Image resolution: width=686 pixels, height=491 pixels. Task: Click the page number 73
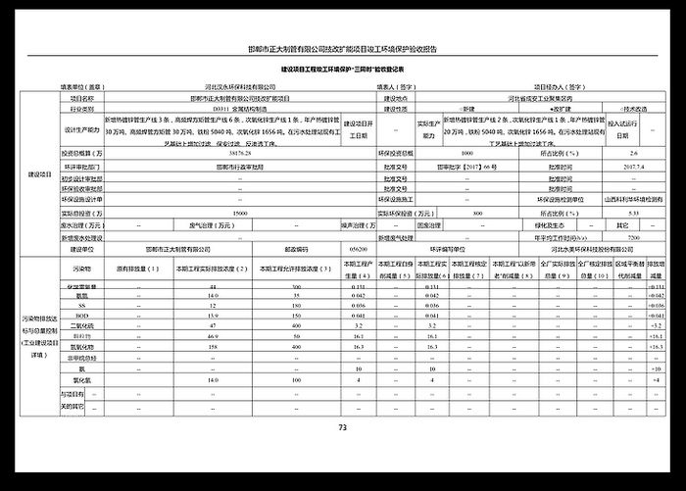[342, 427]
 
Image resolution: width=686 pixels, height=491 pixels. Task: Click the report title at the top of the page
[342, 48]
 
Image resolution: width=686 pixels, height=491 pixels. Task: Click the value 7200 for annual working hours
[633, 237]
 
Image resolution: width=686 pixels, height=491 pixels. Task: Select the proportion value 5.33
[633, 212]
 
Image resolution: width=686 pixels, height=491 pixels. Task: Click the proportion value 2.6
[633, 155]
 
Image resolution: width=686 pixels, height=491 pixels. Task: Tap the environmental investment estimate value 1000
[466, 155]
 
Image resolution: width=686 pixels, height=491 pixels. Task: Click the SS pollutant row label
[83, 306]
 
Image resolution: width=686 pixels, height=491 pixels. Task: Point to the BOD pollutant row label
[83, 316]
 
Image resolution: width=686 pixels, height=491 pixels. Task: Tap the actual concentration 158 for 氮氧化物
[213, 347]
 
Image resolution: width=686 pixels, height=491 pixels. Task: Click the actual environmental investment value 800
[477, 212]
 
